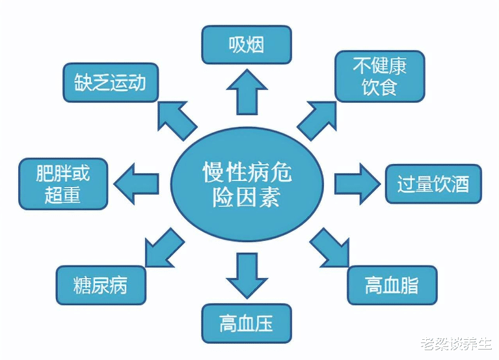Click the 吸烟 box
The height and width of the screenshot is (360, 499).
pyautogui.click(x=246, y=44)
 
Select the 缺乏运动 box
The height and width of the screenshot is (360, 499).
pyautogui.click(x=110, y=83)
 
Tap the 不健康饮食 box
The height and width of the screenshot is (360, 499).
pyautogui.click(x=379, y=76)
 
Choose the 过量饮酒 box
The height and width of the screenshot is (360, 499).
pyautogui.click(x=433, y=184)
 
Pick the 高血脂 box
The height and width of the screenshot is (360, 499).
pyautogui.click(x=391, y=285)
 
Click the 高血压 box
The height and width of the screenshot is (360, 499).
pyautogui.click(x=245, y=324)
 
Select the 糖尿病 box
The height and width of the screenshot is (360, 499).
pyautogui.click(x=101, y=285)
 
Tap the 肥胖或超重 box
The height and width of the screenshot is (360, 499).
pyautogui.click(x=63, y=184)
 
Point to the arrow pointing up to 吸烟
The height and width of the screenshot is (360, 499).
pyautogui.click(x=246, y=90)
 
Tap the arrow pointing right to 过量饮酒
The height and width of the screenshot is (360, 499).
pyautogui.click(x=355, y=184)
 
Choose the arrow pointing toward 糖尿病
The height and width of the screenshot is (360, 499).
pyautogui.click(x=163, y=248)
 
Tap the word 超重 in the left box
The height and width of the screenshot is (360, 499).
pyautogui.click(x=62, y=195)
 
